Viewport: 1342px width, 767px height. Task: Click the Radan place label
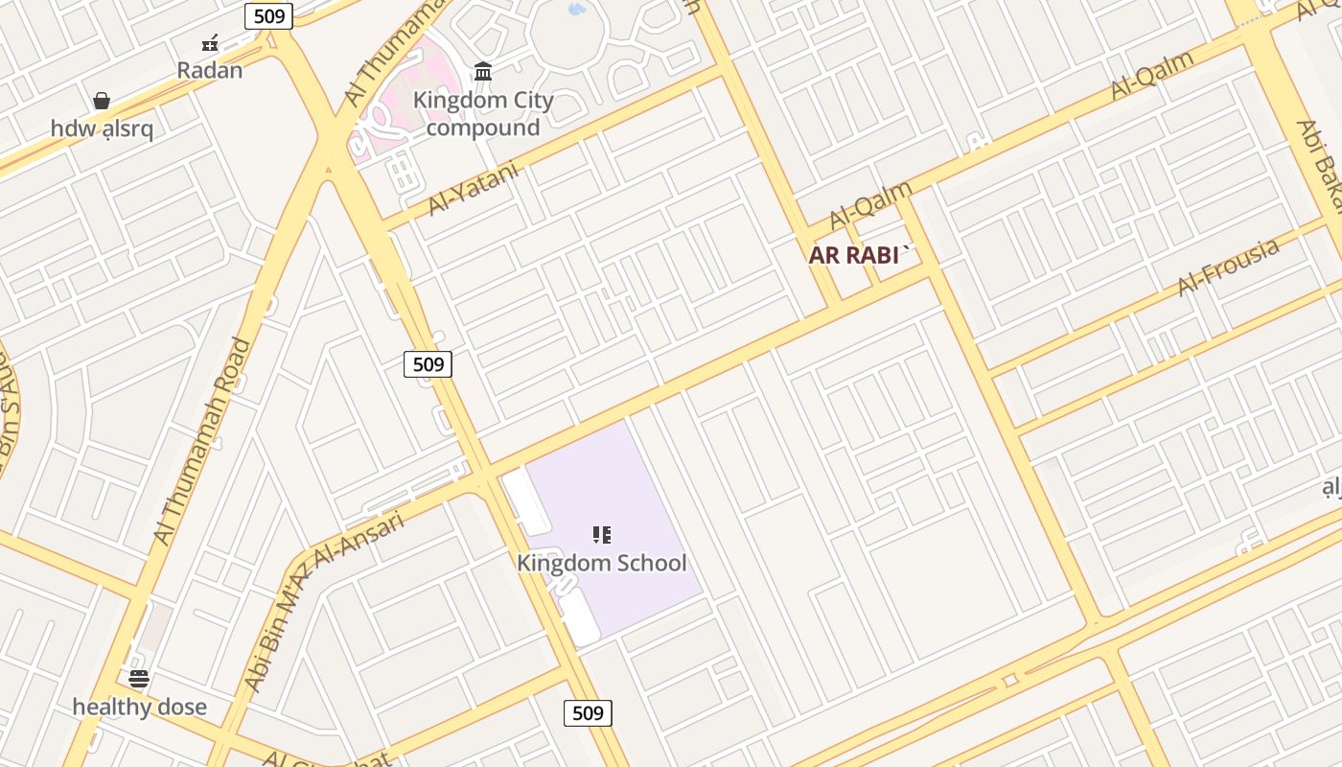pyautogui.click(x=210, y=70)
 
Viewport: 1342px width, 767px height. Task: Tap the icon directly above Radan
pyautogui.click(x=210, y=43)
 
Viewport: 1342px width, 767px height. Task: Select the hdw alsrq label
pyautogui.click(x=102, y=128)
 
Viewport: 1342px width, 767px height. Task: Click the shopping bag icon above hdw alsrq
pyautogui.click(x=102, y=101)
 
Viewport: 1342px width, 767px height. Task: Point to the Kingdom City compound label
pyautogui.click(x=483, y=113)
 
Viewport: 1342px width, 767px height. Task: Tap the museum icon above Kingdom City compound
pyautogui.click(x=483, y=72)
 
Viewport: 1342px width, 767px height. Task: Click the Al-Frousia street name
pyautogui.click(x=1228, y=266)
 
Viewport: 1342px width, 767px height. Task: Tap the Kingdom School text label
pyautogui.click(x=602, y=563)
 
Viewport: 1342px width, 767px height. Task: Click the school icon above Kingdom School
pyautogui.click(x=602, y=535)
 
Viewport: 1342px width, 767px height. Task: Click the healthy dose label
pyautogui.click(x=140, y=708)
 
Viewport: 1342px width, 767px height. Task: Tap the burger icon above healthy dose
pyautogui.click(x=139, y=680)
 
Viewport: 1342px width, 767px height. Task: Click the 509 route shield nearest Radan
pyautogui.click(x=268, y=15)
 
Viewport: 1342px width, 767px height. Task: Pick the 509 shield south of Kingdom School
pyautogui.click(x=588, y=712)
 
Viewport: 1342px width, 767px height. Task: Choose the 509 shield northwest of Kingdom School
pyautogui.click(x=428, y=363)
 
